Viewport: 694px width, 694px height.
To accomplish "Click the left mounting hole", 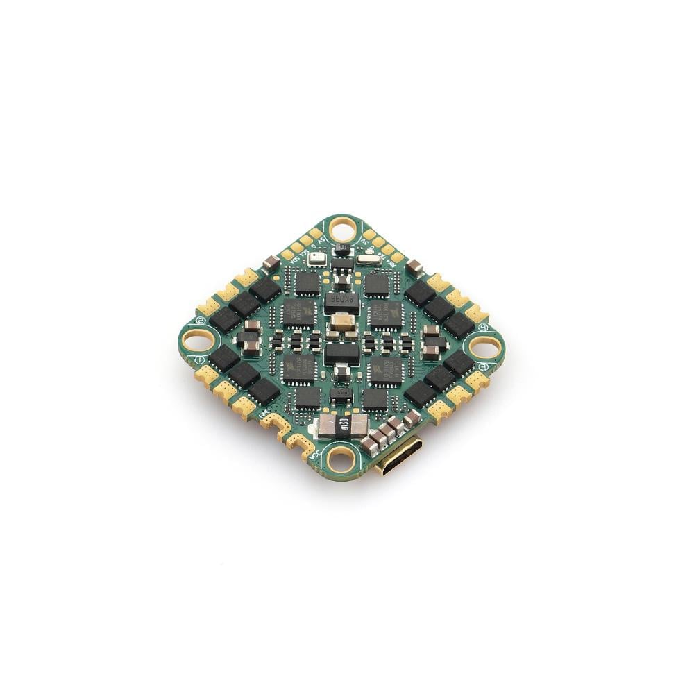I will pyautogui.click(x=195, y=340).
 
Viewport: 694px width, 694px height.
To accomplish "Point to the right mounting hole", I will pyautogui.click(x=485, y=346).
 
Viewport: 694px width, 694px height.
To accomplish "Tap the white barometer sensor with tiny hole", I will pyautogui.click(x=317, y=258).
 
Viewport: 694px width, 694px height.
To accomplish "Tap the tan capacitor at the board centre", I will pyautogui.click(x=341, y=322).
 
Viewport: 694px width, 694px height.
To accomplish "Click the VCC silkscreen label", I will pyautogui.click(x=314, y=456).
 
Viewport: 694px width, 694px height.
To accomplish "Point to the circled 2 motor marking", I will pyautogui.click(x=201, y=321).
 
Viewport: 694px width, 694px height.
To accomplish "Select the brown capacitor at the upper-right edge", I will pyautogui.click(x=416, y=265).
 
